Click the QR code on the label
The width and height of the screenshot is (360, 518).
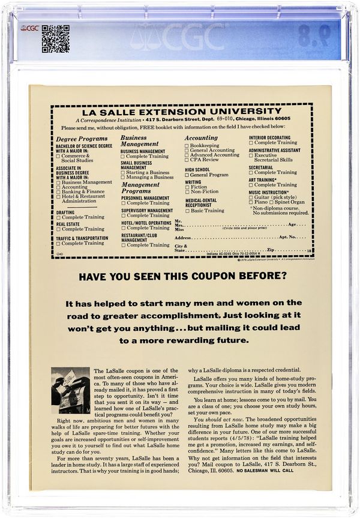[x=55, y=38]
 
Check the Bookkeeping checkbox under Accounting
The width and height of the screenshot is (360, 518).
[x=187, y=145]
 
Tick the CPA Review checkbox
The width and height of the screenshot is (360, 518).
[x=187, y=160]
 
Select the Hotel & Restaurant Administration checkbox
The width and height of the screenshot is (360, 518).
[x=58, y=196]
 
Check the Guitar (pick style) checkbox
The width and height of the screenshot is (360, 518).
[x=251, y=197]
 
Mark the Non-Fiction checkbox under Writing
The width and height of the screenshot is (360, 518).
[x=187, y=191]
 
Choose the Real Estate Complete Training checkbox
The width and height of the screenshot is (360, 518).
[x=58, y=229]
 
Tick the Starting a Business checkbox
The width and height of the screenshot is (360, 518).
[x=122, y=172]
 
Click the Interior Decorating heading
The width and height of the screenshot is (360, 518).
[x=270, y=137]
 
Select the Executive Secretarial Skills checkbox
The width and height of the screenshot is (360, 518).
[x=251, y=155]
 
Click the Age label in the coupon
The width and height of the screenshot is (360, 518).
[x=293, y=224]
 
